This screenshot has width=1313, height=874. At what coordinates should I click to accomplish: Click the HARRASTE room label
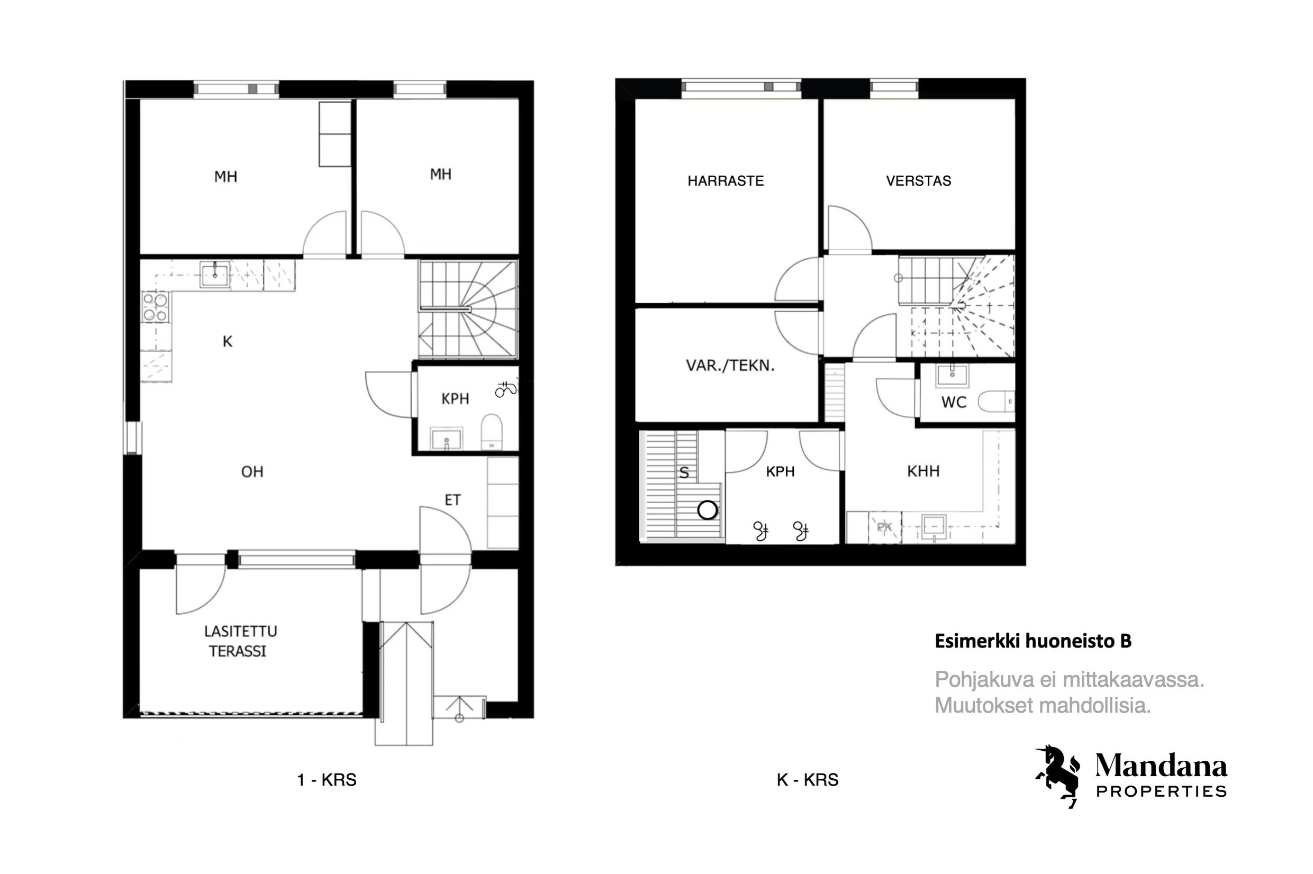(725, 180)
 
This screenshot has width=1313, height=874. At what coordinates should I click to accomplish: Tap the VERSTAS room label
(918, 180)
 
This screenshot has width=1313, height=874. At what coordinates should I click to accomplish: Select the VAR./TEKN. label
(730, 366)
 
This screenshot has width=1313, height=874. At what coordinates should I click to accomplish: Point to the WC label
(953, 402)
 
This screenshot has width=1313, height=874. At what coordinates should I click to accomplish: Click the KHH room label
(923, 471)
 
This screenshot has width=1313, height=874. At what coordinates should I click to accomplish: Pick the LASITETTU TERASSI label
(240, 641)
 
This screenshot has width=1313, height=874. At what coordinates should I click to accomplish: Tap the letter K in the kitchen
(228, 341)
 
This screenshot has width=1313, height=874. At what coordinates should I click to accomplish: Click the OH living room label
(252, 471)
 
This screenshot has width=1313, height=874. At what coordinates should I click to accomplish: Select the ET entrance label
(452, 500)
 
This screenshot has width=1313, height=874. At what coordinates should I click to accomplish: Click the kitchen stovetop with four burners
(156, 308)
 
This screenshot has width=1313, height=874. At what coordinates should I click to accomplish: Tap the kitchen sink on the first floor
(215, 274)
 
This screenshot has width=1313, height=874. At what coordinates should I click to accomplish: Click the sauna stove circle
(708, 509)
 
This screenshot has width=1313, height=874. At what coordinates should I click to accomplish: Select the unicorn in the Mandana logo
(1057, 776)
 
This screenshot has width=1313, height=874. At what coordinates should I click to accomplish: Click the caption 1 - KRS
(327, 780)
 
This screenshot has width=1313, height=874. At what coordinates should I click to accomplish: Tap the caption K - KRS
(807, 780)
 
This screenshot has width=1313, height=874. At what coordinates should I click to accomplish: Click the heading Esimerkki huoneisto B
(1033, 642)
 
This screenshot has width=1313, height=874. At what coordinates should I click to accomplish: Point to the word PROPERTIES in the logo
(1161, 791)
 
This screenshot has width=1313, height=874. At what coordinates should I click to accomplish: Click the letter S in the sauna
(684, 472)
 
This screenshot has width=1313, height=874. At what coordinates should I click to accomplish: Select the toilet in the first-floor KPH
(491, 431)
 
